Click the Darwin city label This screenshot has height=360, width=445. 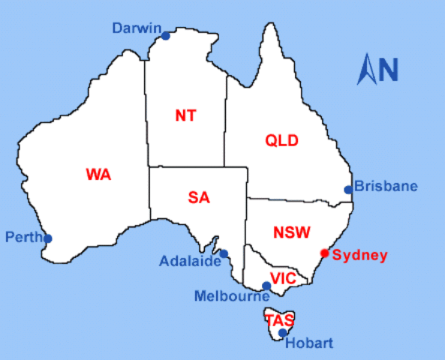(137, 28)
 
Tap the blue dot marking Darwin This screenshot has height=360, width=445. (165, 35)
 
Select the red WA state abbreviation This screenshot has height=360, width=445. (98, 175)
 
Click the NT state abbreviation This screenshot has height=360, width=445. (185, 115)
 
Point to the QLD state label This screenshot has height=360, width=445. (282, 140)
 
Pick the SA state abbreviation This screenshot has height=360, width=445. (199, 198)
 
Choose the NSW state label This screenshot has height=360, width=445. (292, 232)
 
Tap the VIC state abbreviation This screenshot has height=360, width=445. (284, 278)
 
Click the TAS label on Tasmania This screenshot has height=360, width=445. (279, 319)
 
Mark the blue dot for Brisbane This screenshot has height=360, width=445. (348, 190)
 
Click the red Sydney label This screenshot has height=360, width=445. (360, 255)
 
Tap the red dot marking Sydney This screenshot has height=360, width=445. (324, 253)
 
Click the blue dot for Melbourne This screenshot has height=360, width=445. (266, 286)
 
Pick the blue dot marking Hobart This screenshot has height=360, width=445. (282, 333)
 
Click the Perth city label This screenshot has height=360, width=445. (23, 237)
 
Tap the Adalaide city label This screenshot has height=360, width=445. (190, 262)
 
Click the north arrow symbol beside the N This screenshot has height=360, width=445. (368, 69)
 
